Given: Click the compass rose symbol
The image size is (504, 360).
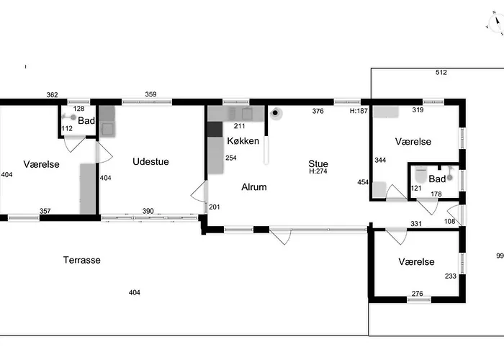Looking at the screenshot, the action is click(x=495, y=24).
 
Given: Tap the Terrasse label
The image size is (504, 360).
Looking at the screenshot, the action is click(x=81, y=260).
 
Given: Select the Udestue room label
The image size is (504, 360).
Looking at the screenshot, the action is click(x=150, y=161).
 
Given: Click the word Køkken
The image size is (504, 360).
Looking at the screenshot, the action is click(x=243, y=141).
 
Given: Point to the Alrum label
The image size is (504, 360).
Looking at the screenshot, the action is click(x=254, y=186).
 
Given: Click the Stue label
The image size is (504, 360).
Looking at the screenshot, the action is click(x=318, y=163).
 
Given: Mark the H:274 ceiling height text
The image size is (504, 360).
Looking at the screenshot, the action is click(x=318, y=171).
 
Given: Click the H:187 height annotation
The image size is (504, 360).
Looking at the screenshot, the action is click(x=359, y=111).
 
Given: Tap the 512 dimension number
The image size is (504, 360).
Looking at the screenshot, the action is click(x=441, y=72).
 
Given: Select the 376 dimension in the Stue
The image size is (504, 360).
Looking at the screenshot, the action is click(x=318, y=111).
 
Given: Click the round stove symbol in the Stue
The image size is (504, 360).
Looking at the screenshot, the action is click(x=276, y=113).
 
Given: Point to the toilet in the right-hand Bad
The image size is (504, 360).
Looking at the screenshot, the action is click(x=420, y=175).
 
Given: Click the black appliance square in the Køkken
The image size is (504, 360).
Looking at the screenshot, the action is click(x=215, y=129).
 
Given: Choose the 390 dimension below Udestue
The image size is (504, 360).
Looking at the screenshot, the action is click(x=148, y=211).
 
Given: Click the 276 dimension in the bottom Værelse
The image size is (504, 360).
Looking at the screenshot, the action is click(x=417, y=294).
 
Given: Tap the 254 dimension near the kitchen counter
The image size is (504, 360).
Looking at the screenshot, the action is click(x=231, y=158).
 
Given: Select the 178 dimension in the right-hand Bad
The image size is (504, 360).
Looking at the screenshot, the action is click(x=436, y=194).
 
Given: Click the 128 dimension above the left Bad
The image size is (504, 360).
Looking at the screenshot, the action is click(x=78, y=109).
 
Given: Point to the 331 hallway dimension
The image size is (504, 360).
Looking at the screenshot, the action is click(x=416, y=223).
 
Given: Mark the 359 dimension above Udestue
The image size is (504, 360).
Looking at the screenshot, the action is click(x=150, y=94).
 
